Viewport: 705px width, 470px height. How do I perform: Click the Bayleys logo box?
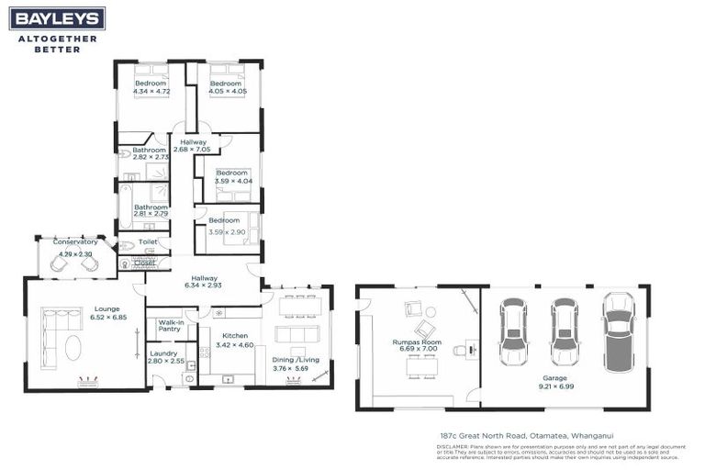click(x=57, y=18)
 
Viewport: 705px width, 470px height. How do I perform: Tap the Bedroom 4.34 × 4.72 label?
click(x=151, y=88)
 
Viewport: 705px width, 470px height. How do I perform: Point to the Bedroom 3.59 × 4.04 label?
click(x=232, y=177)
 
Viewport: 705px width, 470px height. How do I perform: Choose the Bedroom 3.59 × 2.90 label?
click(x=223, y=226)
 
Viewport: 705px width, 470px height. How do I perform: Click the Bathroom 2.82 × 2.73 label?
click(x=149, y=153)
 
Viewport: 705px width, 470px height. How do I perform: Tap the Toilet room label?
click(x=148, y=242)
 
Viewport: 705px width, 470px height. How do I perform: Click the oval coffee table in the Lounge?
click(x=72, y=347)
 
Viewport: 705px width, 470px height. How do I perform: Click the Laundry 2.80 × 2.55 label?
click(x=166, y=357)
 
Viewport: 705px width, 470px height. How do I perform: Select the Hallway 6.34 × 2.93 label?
click(x=204, y=282)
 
